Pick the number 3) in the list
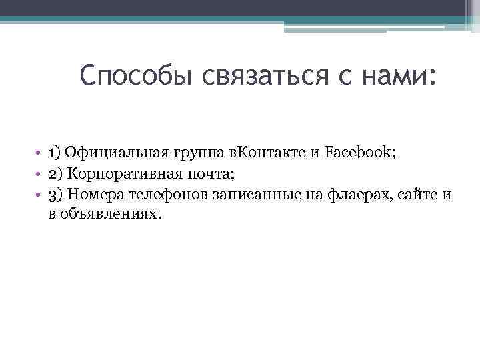pyautogui.click(x=55, y=194)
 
